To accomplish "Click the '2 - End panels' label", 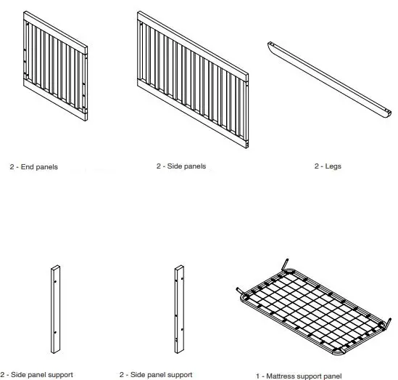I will [x=34, y=167].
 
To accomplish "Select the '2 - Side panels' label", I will [x=181, y=166].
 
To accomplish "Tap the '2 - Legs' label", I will [x=328, y=166].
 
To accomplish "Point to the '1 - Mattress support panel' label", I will [x=299, y=376].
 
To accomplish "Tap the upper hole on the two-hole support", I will [x=56, y=274].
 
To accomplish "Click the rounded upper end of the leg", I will [x=271, y=45].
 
